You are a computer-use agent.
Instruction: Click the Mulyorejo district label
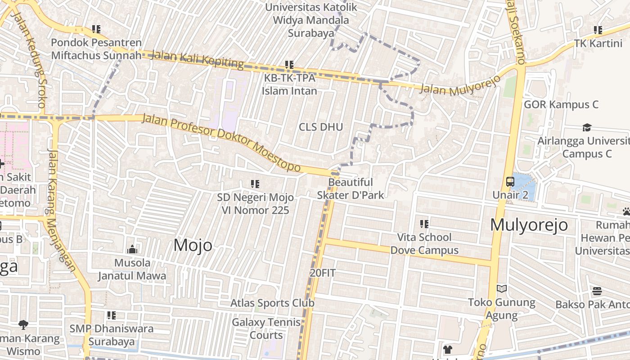coord(529,225)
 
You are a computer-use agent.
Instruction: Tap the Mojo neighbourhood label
coord(193,245)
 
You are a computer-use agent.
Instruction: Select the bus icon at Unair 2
coord(510,182)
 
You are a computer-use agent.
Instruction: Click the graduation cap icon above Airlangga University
coord(586,127)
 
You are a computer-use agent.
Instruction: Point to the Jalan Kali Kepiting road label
coord(198,59)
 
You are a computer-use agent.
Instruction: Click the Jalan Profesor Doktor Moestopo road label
coord(221,142)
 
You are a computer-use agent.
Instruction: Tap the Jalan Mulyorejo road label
coord(460,85)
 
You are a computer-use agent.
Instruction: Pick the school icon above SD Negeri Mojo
coord(255,184)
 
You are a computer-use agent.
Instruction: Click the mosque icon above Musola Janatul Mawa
coord(132,249)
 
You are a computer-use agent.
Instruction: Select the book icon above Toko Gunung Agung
coord(502,288)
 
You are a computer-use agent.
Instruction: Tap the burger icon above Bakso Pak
coord(597,291)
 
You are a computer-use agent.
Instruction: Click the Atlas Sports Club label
coord(272,303)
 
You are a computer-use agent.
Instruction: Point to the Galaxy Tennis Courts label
coord(266,328)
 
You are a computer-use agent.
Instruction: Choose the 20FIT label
coord(323,273)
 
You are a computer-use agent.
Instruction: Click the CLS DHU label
coord(321,127)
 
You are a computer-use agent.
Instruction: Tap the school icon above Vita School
coord(424,224)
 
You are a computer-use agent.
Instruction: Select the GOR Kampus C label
coord(561,105)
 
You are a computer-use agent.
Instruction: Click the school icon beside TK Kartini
coord(598,30)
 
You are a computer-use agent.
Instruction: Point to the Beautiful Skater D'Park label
coord(351,189)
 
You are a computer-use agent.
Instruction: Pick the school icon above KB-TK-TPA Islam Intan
coord(289,65)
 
